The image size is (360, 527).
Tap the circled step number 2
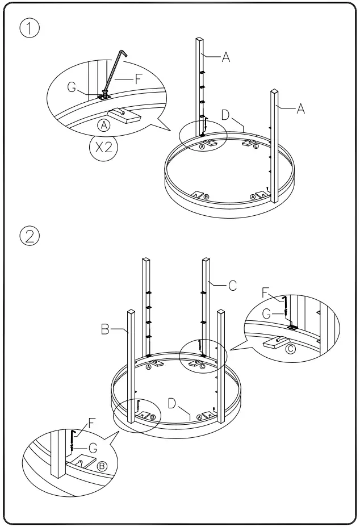pos(28,235)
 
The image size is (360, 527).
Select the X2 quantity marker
pos(103,149)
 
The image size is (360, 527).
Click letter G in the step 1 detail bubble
pos(73,87)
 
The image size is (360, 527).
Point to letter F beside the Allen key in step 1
pos(139,80)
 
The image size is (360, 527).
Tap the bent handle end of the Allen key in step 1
pos(123,52)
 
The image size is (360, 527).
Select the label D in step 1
pos(225,115)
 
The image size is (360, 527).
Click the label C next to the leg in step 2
pos(232,286)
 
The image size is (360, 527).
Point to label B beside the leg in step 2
pos(105,329)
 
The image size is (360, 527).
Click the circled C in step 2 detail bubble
pos(291,348)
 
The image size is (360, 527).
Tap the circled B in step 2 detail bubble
pos(102,466)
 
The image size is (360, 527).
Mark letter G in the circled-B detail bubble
pos(93,448)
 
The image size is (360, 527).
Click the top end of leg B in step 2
pos(131,312)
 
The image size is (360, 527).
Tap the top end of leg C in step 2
pos(206,261)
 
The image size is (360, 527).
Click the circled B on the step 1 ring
pos(207,197)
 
